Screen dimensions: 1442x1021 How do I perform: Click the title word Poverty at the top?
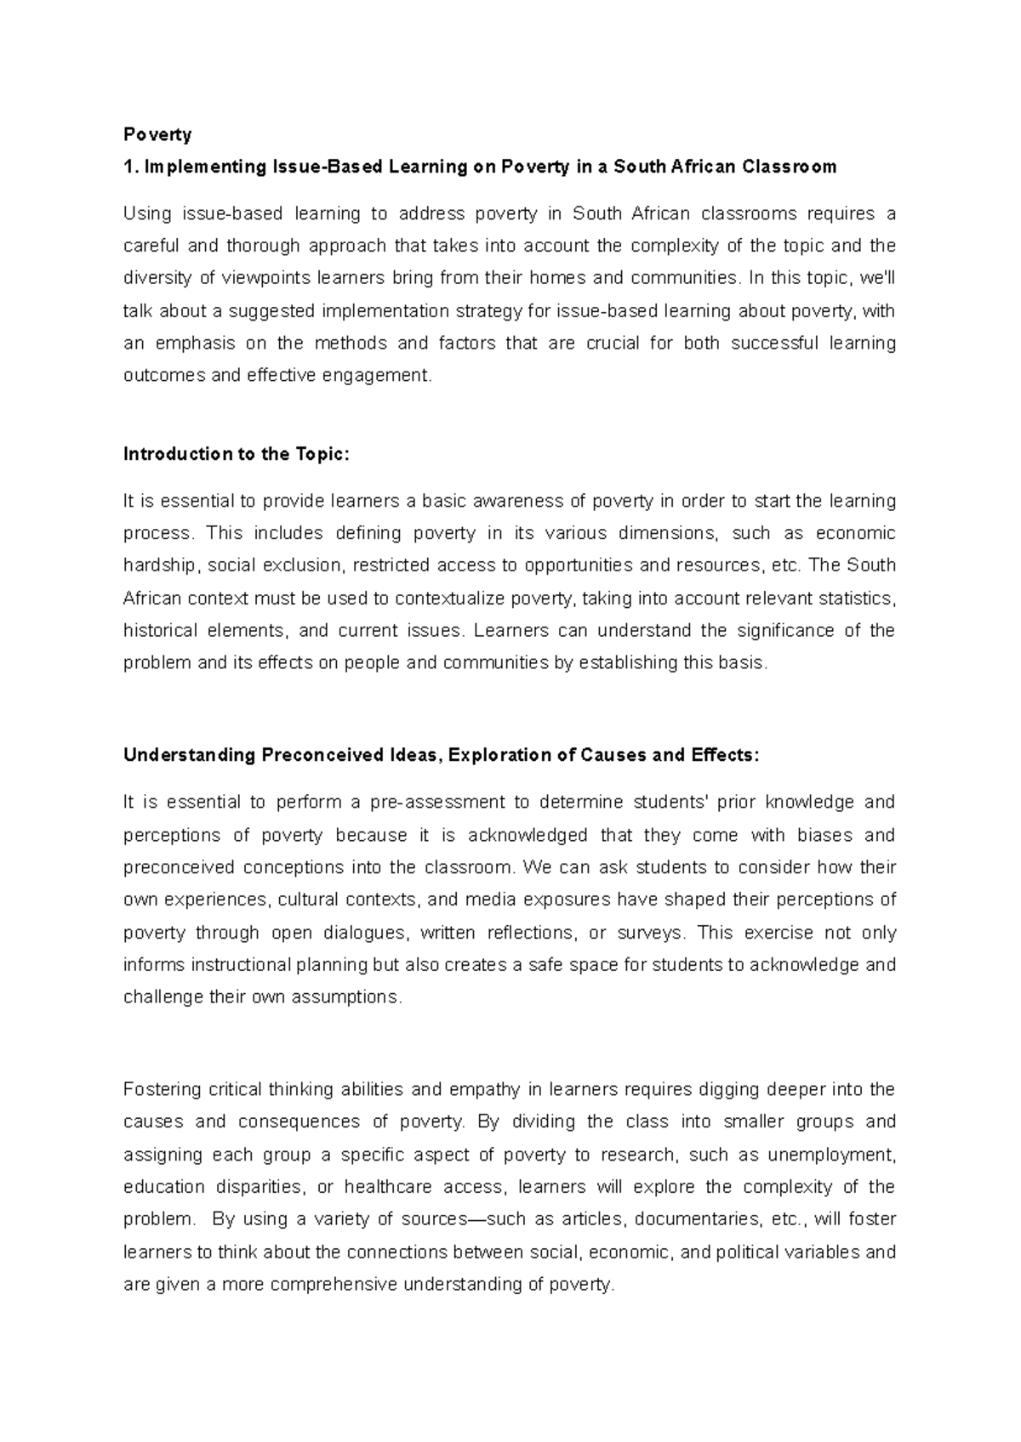point(157,134)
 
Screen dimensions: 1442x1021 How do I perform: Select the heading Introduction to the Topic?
point(237,454)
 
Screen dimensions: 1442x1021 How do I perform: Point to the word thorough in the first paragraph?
point(263,246)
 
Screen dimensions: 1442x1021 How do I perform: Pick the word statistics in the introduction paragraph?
point(856,599)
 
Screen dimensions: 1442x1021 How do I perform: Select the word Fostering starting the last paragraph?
point(162,1089)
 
